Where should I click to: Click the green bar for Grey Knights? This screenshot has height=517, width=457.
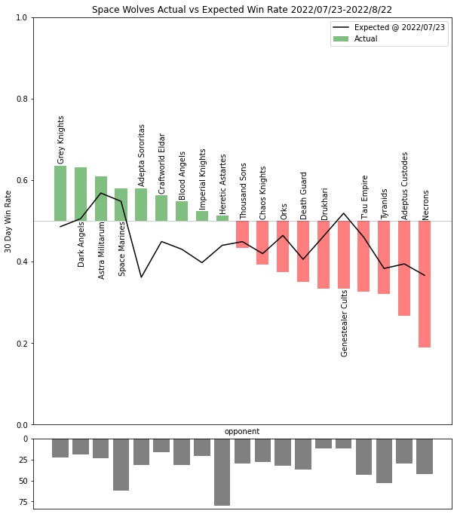point(60,193)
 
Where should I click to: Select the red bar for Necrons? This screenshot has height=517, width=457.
point(425,283)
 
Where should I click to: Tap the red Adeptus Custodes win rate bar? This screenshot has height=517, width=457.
point(404,268)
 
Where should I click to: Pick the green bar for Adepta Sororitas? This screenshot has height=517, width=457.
point(141,204)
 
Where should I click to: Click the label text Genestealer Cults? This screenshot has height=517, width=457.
point(345,323)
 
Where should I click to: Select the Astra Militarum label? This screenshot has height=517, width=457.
point(102,249)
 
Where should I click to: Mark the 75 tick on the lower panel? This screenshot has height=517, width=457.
point(23,502)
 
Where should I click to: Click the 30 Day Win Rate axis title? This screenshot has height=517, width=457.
point(8,221)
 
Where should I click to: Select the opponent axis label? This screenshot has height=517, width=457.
point(242,432)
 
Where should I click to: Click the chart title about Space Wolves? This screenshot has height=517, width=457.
point(242,10)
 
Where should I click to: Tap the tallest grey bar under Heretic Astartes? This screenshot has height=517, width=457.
point(222,472)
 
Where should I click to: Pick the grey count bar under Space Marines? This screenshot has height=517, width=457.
point(121,464)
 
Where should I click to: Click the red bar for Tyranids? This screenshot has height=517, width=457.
point(384,257)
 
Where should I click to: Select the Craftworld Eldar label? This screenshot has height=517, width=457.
point(161,164)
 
